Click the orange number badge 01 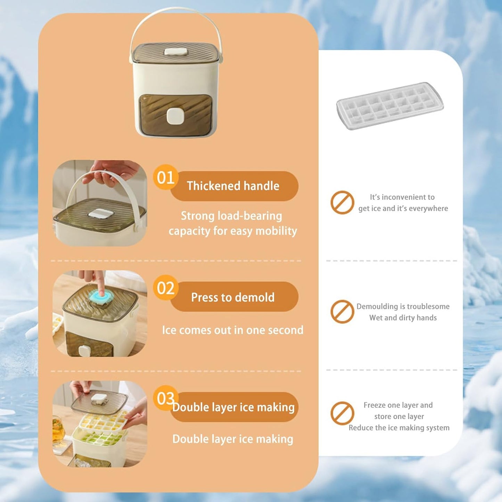(166, 178)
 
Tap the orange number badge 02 (166, 288)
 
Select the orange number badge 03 (165, 398)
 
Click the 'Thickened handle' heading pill (233, 186)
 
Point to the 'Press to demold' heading (233, 297)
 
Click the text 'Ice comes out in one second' (232, 330)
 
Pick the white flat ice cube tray (390, 105)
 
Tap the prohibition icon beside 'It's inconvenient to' (342, 202)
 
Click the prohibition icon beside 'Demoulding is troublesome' (342, 312)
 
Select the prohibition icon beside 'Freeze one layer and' (342, 413)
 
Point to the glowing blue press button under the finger (100, 297)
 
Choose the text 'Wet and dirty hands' (403, 318)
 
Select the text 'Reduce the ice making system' (399, 428)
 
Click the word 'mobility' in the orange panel (276, 231)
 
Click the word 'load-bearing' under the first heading (249, 216)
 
